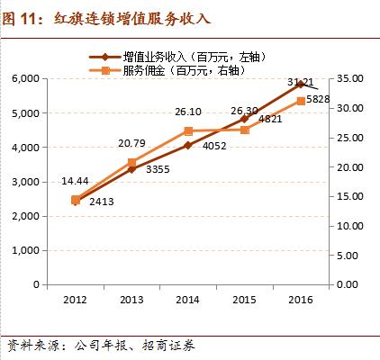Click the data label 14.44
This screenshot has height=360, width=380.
click(75, 182)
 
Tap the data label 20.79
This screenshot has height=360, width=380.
click(131, 144)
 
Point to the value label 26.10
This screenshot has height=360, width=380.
click(188, 113)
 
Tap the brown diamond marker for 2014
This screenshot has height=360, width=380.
click(188, 146)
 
